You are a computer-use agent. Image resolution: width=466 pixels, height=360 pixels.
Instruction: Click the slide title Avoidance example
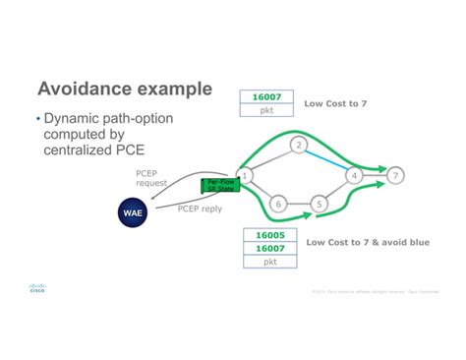coord(124,89)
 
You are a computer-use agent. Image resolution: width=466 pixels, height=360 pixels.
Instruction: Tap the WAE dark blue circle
coord(133,213)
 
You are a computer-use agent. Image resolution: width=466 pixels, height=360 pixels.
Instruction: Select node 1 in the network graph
coord(245,175)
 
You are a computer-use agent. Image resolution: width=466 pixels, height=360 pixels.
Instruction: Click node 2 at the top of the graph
coord(299,146)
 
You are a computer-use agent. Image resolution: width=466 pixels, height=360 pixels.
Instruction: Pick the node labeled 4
coord(354,175)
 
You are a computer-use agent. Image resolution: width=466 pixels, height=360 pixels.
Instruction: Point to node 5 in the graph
coord(319,204)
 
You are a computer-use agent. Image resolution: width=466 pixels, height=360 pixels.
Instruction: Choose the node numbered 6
coord(277,204)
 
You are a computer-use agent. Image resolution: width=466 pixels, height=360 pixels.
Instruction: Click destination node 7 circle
coord(395,175)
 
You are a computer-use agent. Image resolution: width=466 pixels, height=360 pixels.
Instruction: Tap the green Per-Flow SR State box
coord(217,184)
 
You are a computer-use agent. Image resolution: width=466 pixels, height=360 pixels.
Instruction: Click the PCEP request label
coord(152,177)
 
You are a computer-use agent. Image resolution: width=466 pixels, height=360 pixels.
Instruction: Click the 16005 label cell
coord(270,236)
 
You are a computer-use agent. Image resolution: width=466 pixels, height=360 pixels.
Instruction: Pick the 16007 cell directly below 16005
coord(270,250)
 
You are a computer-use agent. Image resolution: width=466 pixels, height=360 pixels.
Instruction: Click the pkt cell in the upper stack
coord(266,111)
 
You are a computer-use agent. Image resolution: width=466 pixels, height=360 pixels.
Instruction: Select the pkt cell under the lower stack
coord(270,264)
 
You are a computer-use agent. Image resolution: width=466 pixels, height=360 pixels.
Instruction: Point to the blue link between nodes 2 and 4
coord(326,159)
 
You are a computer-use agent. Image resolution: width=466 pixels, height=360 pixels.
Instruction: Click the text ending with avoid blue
coord(368,242)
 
